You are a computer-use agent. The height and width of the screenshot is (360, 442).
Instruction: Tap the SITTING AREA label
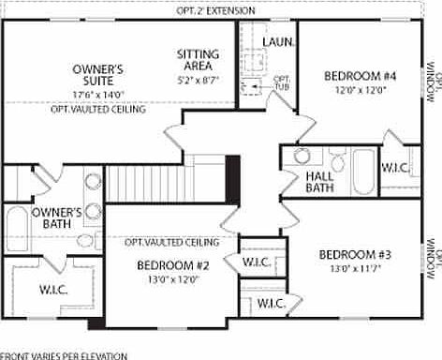(x=198, y=60)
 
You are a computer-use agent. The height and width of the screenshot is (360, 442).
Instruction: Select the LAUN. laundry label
(x=279, y=42)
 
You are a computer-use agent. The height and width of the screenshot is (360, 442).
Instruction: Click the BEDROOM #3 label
(x=354, y=254)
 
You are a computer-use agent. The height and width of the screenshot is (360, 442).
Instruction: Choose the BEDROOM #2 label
(x=172, y=265)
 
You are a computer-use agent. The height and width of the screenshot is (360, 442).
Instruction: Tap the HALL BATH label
(x=320, y=182)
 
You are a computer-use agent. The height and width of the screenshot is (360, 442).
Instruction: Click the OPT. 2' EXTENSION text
(x=215, y=9)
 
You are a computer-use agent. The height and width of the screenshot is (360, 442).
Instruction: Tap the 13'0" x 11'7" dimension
(x=354, y=269)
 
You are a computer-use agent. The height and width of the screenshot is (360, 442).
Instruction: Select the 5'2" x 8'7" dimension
(x=198, y=82)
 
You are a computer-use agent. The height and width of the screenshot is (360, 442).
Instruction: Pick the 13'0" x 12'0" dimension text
(x=172, y=279)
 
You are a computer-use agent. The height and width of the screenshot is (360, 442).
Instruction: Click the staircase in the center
(x=165, y=182)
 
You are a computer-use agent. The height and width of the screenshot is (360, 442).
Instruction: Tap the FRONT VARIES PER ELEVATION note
(x=64, y=355)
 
